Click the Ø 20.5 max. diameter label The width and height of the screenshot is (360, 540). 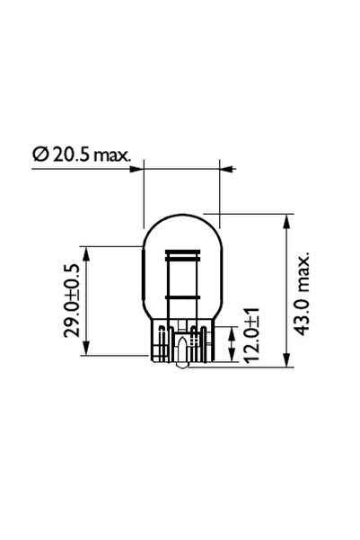tap(82, 155)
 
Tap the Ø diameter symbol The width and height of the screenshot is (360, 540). tap(40, 155)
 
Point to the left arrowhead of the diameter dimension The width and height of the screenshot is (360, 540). tap(138, 167)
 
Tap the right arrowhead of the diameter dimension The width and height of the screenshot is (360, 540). tap(225, 167)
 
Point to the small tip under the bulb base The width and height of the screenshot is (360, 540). tap(182, 364)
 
